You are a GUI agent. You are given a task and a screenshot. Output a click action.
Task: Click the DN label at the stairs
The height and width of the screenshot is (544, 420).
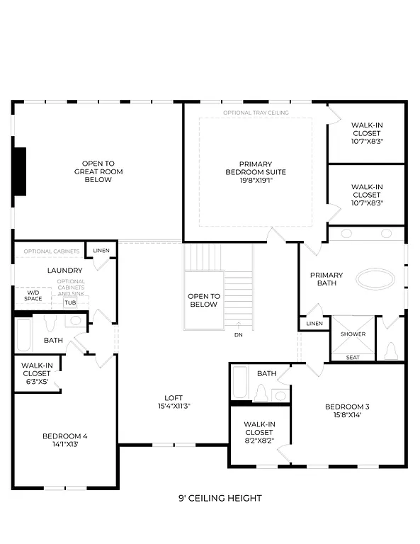(239, 335)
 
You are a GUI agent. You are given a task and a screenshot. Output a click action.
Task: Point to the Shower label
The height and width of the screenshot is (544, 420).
(353, 334)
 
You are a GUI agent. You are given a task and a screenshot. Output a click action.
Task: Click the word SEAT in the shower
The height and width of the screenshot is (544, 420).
(353, 357)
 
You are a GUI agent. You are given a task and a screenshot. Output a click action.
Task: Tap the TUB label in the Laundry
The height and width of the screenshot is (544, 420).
(70, 303)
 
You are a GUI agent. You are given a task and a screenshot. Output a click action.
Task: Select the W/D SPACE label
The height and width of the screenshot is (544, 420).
(34, 295)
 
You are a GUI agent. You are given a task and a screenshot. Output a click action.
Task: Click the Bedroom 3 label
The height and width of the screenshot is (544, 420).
(347, 411)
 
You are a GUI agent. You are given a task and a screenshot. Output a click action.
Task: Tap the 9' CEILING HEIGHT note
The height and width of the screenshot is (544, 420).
(220, 498)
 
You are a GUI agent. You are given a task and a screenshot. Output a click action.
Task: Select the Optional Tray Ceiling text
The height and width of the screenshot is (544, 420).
(255, 113)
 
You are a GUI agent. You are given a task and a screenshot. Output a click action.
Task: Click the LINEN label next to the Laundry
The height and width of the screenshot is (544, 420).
(101, 251)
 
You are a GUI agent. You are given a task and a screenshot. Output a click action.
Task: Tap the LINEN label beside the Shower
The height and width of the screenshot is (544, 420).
(314, 324)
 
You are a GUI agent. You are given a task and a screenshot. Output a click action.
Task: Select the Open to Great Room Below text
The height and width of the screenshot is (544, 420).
(98, 171)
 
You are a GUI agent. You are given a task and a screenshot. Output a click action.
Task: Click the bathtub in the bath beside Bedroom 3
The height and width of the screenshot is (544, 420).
(239, 382)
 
